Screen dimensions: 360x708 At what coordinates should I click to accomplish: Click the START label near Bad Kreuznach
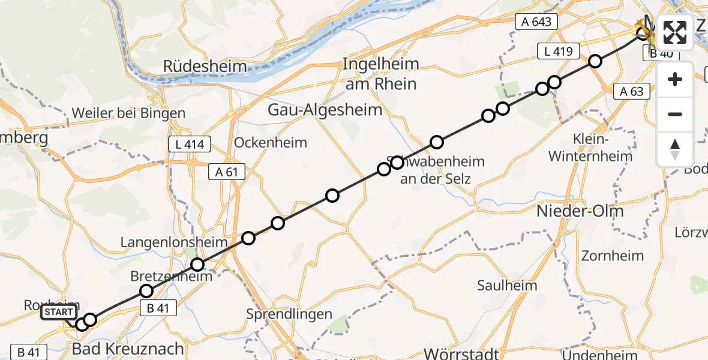(x=59, y=312)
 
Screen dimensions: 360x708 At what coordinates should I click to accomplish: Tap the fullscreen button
(x=675, y=32)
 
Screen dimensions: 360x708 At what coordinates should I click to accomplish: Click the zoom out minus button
(x=675, y=114)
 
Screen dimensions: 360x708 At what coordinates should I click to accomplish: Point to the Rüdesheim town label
(x=205, y=66)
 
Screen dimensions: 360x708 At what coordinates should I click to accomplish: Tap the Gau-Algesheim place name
(x=325, y=110)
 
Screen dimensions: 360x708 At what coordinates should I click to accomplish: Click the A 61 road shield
(x=227, y=172)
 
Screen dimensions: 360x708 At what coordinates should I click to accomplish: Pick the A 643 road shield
(x=536, y=22)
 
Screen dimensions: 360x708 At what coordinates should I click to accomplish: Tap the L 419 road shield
(x=558, y=52)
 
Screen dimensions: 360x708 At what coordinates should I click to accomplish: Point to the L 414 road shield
(x=190, y=145)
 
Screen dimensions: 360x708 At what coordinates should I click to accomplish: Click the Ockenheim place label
(x=271, y=143)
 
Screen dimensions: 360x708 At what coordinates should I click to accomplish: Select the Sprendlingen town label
(x=289, y=314)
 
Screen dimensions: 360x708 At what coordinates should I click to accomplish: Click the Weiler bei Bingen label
(x=128, y=113)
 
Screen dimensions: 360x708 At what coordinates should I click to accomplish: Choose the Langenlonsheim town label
(x=174, y=242)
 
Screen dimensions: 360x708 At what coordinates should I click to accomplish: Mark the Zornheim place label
(x=613, y=256)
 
